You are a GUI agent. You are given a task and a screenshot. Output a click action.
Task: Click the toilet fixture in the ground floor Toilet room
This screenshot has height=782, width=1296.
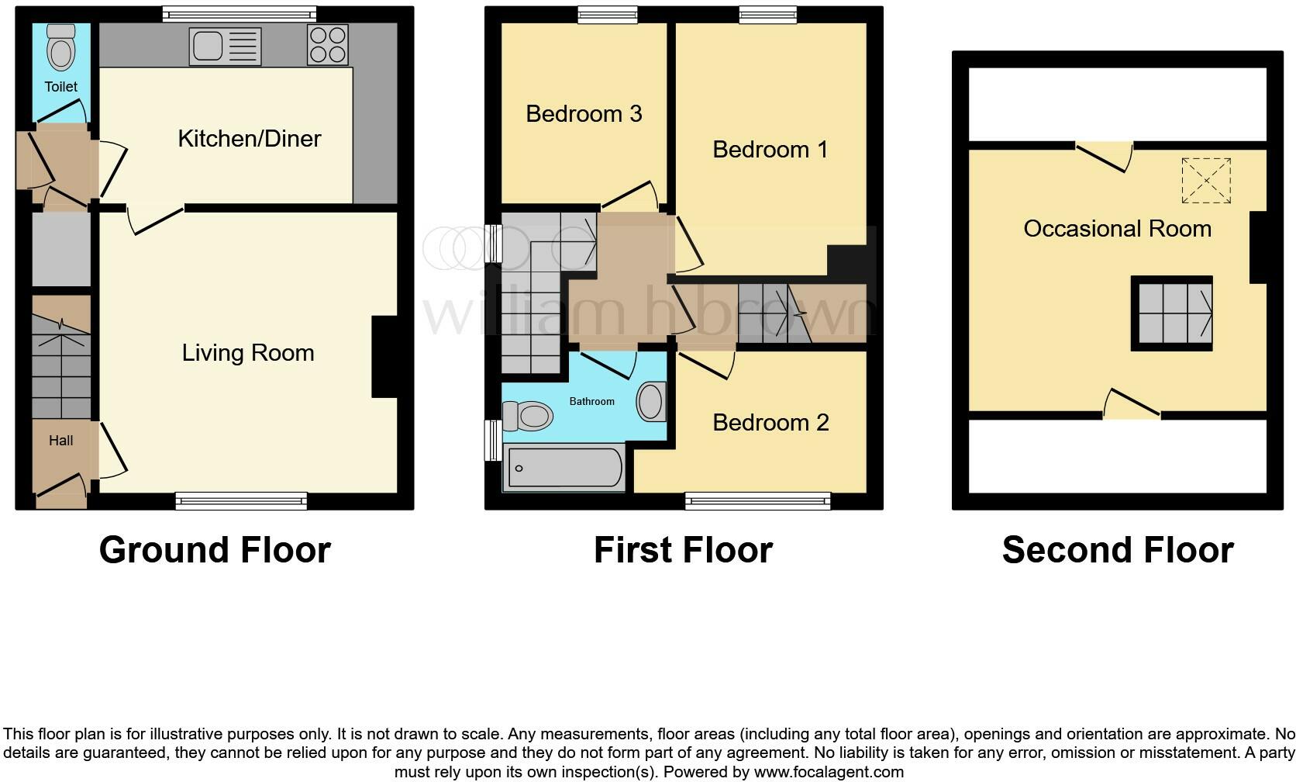pos(60,49)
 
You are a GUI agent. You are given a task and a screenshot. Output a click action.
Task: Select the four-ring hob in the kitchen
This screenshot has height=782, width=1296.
pos(328,45)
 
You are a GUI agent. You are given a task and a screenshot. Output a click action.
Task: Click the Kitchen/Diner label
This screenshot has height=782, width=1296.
pos(249,139)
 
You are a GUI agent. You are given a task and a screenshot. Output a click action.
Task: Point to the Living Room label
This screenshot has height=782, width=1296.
pos(248,353)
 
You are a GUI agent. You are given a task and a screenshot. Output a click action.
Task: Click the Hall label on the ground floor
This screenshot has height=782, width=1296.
pos(60,441)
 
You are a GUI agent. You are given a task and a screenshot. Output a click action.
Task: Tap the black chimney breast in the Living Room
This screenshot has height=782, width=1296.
pos(385,357)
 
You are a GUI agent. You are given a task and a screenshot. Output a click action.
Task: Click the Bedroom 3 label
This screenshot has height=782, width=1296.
pos(584,114)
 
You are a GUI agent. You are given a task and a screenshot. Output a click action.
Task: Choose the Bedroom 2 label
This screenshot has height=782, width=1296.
pos(770,423)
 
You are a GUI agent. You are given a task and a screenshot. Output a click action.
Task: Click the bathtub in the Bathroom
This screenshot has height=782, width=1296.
pos(564,467)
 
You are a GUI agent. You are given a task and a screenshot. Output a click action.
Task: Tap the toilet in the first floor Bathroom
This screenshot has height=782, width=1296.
pos(529,417)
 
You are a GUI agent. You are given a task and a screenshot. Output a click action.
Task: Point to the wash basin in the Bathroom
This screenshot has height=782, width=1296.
pos(651,402)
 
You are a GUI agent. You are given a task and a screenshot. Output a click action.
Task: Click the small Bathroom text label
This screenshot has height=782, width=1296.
pos(591,401)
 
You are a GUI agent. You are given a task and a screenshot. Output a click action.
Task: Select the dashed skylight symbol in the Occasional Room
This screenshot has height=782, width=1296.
pos(1206,181)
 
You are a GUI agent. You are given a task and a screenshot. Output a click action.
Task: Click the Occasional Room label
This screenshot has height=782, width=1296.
pos(1117,229)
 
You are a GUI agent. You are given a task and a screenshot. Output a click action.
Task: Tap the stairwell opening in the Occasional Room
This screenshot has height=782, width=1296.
pos(1171,313)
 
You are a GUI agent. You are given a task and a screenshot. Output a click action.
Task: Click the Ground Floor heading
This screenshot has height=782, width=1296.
pos(215,550)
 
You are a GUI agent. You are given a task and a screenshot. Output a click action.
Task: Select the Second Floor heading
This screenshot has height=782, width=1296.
pos(1117,550)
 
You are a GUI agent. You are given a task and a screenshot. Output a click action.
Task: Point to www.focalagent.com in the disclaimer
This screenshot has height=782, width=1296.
pos(829,772)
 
